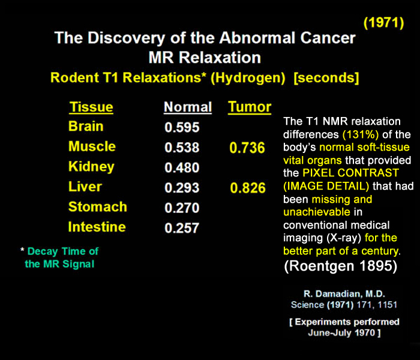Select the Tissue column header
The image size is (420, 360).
[91, 107]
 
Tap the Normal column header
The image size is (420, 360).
[188, 107]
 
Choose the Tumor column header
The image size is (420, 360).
[250, 107]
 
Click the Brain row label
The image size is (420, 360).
[86, 127]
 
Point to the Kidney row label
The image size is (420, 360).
[91, 166]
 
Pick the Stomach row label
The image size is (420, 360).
[98, 207]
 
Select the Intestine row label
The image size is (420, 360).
[97, 227]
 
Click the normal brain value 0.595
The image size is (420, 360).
[182, 128]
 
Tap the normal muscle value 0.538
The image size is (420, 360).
[182, 148]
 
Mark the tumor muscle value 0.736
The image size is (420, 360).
[247, 148]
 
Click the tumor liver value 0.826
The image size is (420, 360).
[247, 188]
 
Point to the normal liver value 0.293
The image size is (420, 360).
[182, 188]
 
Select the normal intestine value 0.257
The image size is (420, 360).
[182, 229]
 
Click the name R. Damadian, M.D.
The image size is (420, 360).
[344, 295]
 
